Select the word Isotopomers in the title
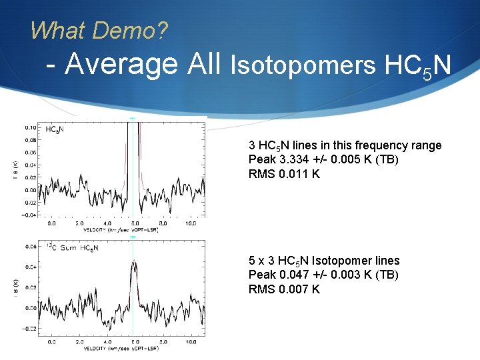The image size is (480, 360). [x=303, y=66]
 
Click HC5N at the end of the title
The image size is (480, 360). [x=418, y=66]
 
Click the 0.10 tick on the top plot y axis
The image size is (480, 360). [x=31, y=127]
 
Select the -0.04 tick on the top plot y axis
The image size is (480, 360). [x=29, y=215]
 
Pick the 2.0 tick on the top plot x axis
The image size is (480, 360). [x=79, y=223]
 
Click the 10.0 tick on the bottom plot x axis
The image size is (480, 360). [x=191, y=342]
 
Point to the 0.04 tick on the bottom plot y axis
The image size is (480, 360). [x=31, y=267]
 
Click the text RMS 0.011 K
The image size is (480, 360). [x=284, y=174]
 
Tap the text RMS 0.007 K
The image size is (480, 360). [x=284, y=289]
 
